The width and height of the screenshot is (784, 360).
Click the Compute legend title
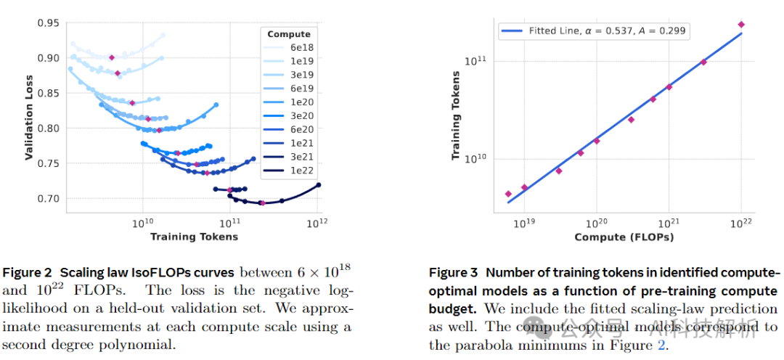289,34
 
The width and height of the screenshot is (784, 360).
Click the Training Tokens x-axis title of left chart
194,237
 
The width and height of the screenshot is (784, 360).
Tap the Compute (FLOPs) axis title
624,237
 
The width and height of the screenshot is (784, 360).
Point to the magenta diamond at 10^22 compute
741,25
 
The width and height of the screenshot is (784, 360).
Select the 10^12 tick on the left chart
317,223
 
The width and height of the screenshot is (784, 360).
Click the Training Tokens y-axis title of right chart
456,115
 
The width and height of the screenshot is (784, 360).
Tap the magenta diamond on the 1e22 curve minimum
262,202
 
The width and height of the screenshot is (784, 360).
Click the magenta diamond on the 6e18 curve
112,57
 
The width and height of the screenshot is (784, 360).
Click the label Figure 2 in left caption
28,273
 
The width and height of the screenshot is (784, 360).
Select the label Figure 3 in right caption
454,273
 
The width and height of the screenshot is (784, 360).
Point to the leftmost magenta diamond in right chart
508,194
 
